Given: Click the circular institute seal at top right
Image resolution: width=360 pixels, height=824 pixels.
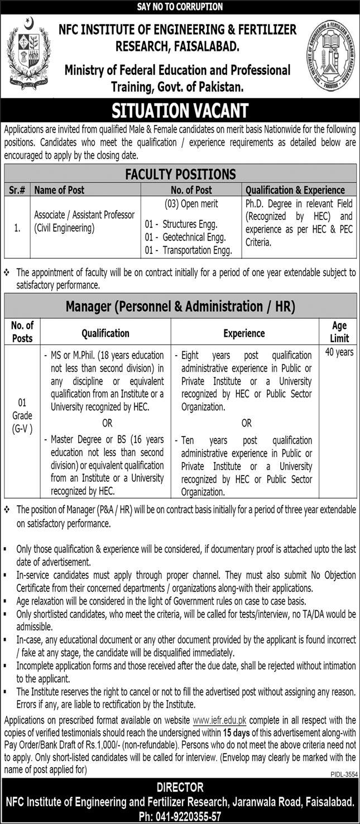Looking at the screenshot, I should tap(331, 55).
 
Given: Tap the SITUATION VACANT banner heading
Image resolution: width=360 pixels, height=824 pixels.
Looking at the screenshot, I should tap(180, 109).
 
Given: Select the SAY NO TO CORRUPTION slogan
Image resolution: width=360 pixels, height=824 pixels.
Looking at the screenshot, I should tap(180, 7).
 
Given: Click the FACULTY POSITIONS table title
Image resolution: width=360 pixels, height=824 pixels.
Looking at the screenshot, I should tap(180, 174).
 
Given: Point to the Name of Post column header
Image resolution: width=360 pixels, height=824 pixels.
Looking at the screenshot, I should tap(59, 190).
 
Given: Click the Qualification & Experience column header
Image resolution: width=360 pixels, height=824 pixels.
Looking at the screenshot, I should tap(295, 190).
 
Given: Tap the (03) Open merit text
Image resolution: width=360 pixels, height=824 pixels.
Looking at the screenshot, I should tap(191, 204).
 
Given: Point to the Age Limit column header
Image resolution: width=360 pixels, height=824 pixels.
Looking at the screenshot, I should tap(339, 332).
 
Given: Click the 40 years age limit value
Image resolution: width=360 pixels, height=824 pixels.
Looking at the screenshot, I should tap(339, 352).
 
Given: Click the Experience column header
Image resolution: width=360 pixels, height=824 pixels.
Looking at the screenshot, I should tap(244, 333).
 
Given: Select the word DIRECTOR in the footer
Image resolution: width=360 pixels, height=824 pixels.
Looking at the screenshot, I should tap(180, 788).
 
